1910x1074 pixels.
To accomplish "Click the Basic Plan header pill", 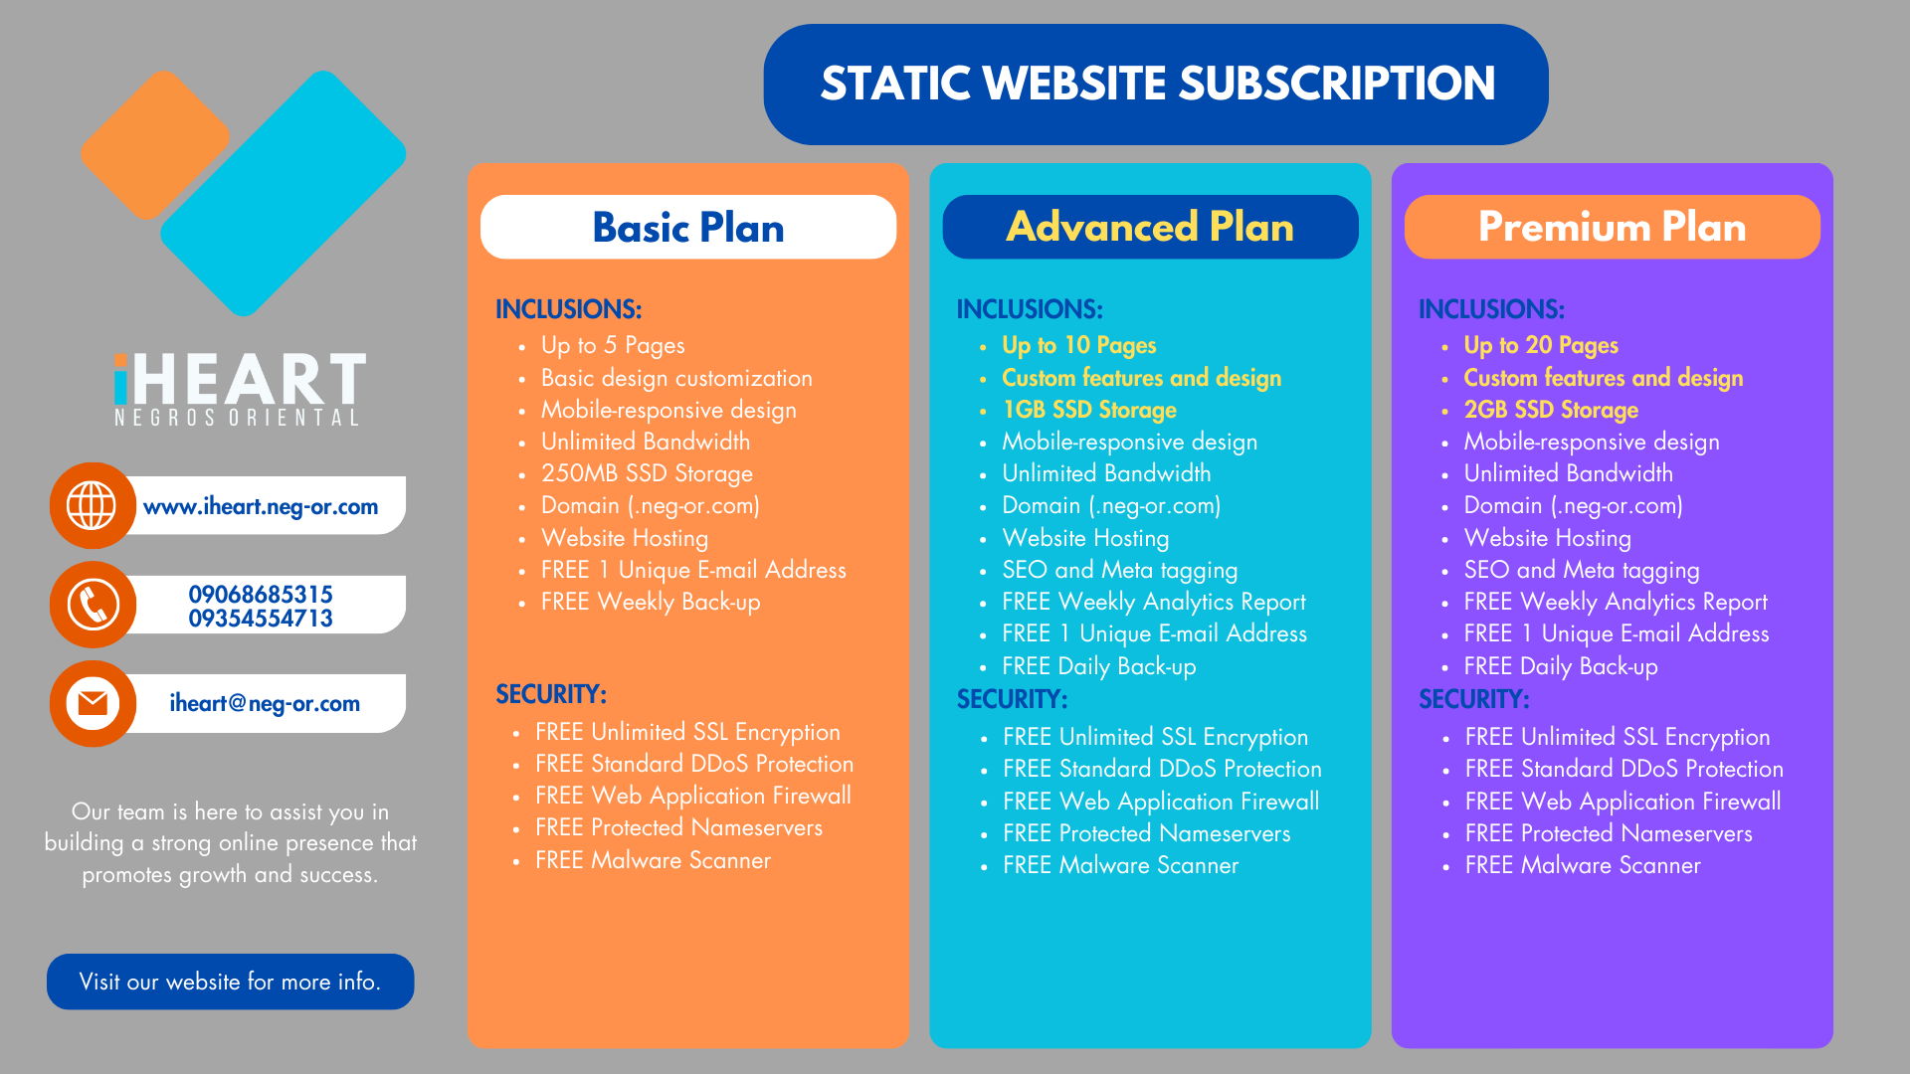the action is (x=688, y=227).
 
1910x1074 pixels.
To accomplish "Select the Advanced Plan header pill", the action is (x=1150, y=227).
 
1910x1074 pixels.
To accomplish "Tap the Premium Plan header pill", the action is (x=1612, y=227).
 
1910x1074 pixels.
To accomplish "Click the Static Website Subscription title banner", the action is (x=1156, y=85).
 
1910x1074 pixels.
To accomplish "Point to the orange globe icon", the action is (x=93, y=505).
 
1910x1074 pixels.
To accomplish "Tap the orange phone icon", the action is (x=93, y=605).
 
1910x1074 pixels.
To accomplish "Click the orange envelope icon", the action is (x=93, y=703).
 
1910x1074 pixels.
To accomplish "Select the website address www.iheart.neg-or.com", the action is (x=261, y=506).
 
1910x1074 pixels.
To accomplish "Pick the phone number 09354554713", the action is (x=261, y=619).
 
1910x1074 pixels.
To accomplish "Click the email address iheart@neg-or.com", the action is (x=265, y=703).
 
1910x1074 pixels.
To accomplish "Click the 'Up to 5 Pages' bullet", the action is (x=613, y=345).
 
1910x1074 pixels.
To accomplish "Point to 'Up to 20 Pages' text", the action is (x=1541, y=345).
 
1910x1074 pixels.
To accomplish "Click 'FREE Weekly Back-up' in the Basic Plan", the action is (x=651, y=602).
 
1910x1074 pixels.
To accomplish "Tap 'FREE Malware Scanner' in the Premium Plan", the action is (x=1583, y=865).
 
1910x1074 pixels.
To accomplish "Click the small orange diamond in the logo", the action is (x=155, y=145).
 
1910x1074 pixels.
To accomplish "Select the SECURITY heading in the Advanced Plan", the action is (x=1012, y=699).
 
